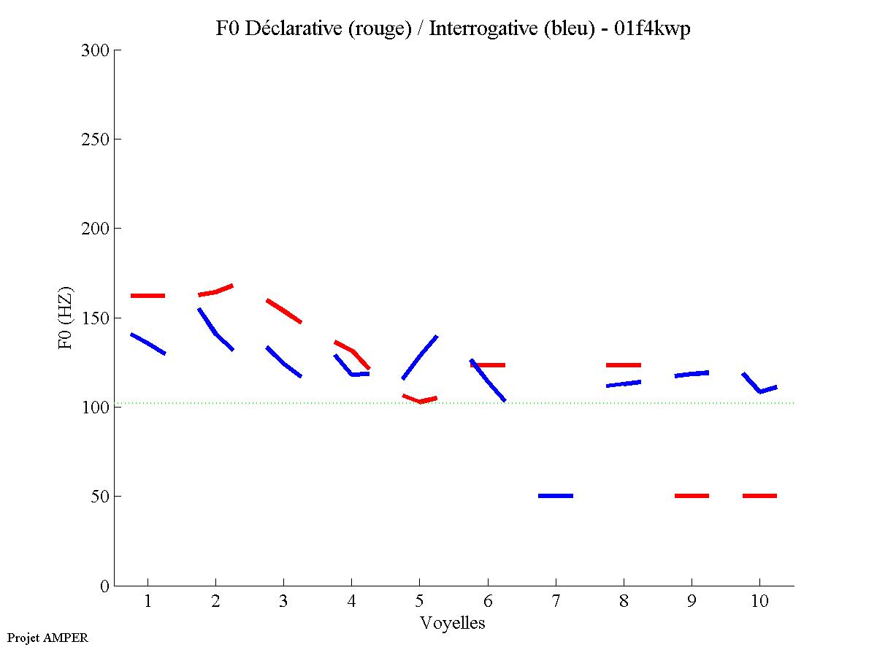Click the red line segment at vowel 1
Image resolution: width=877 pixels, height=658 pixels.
tap(148, 296)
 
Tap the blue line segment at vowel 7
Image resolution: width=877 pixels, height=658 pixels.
tap(556, 496)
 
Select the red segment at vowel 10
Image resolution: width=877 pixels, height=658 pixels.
tap(759, 496)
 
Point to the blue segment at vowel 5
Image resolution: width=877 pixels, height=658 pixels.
tap(420, 356)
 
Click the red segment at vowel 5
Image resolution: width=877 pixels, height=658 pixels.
tap(420, 400)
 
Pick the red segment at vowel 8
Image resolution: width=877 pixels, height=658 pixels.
tap(624, 364)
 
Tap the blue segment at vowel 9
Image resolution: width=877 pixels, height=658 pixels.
tap(692, 374)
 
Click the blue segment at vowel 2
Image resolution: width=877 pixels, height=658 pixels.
tap(215, 332)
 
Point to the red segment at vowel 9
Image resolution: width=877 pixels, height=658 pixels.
tap(692, 496)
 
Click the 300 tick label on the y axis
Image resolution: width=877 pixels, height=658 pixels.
tap(96, 50)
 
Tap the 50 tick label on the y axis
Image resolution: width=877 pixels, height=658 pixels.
tap(101, 497)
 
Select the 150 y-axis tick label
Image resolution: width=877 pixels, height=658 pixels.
tap(96, 318)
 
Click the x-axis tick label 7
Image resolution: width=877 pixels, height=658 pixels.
tap(556, 602)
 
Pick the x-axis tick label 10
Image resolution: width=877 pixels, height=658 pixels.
tap(759, 602)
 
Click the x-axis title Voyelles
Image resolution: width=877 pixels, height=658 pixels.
tap(453, 623)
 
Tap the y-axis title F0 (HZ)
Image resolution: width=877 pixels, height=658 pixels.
tap(66, 318)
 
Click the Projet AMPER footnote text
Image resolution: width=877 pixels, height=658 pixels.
tap(47, 638)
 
